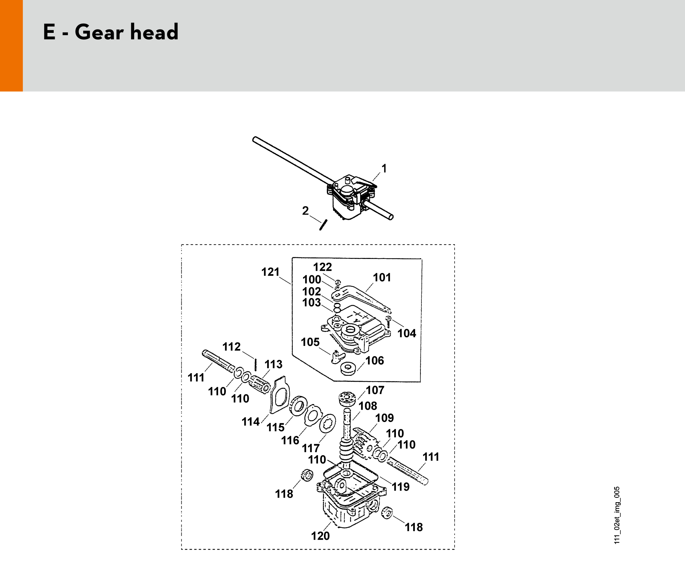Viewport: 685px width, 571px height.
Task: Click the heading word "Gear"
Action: [x=99, y=32]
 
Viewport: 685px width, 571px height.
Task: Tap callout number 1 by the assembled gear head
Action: [x=384, y=169]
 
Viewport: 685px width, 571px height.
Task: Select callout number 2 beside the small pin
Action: [x=305, y=211]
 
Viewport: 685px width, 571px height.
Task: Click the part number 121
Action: [x=270, y=272]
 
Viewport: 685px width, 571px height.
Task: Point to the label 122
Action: [x=323, y=267]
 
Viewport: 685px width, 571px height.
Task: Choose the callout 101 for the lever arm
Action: [x=382, y=278]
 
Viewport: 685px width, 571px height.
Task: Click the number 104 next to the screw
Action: [x=407, y=333]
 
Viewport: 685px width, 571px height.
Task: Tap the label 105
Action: [x=310, y=342]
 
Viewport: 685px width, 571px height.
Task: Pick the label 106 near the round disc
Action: [x=375, y=361]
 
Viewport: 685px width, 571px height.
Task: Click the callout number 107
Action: [x=375, y=390]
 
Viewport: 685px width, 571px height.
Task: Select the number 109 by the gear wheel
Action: [x=385, y=418]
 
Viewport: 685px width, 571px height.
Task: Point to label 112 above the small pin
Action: [x=231, y=347]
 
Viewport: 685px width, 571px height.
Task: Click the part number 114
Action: [x=251, y=422]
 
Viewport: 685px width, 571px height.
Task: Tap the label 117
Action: [x=311, y=448]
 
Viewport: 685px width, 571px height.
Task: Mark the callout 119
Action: [x=401, y=487]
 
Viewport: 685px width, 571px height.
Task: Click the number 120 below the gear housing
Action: [x=320, y=536]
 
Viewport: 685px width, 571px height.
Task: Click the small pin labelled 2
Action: [x=323, y=225]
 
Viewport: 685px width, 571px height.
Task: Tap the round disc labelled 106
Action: [x=348, y=368]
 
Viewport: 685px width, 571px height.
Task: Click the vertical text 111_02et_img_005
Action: [x=617, y=515]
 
